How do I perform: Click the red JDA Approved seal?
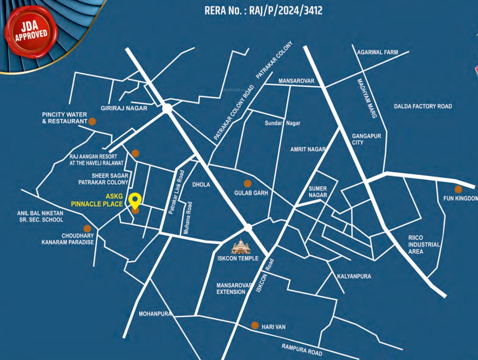tap(30, 31)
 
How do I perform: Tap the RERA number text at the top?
tap(263, 10)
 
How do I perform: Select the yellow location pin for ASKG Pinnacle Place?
tap(135, 200)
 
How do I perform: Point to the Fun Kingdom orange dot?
tap(458, 189)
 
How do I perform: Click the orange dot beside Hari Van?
tap(255, 325)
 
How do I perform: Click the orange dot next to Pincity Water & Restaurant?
tap(92, 121)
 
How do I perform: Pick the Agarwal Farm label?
tap(377, 52)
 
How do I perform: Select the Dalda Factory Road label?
tap(423, 106)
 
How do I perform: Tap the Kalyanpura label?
tap(354, 276)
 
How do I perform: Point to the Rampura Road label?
tap(302, 350)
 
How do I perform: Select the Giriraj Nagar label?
tap(124, 108)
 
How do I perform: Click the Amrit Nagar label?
tap(308, 149)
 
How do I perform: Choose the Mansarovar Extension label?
tap(231, 288)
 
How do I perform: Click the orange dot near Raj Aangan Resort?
tap(135, 153)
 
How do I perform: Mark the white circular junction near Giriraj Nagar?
tap(167, 108)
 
